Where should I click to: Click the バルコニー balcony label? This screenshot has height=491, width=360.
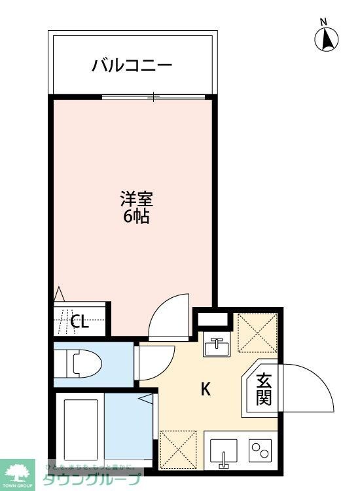(132, 65)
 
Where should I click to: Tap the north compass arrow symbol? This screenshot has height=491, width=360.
(325, 41)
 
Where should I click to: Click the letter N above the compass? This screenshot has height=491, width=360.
(323, 22)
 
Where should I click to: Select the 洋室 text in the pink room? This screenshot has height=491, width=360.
(136, 197)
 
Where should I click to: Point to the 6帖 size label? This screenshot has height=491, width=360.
(136, 217)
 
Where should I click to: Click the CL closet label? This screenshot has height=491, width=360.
(79, 321)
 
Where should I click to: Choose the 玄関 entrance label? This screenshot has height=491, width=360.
(263, 389)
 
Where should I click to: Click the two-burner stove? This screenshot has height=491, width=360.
(261, 451)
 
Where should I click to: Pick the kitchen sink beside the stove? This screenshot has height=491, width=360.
(224, 451)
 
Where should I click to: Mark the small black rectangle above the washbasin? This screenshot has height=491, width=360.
(214, 319)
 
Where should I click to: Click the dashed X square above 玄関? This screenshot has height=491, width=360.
(256, 334)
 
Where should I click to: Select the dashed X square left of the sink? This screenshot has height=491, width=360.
(178, 450)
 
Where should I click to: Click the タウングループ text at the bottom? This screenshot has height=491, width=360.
(92, 480)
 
